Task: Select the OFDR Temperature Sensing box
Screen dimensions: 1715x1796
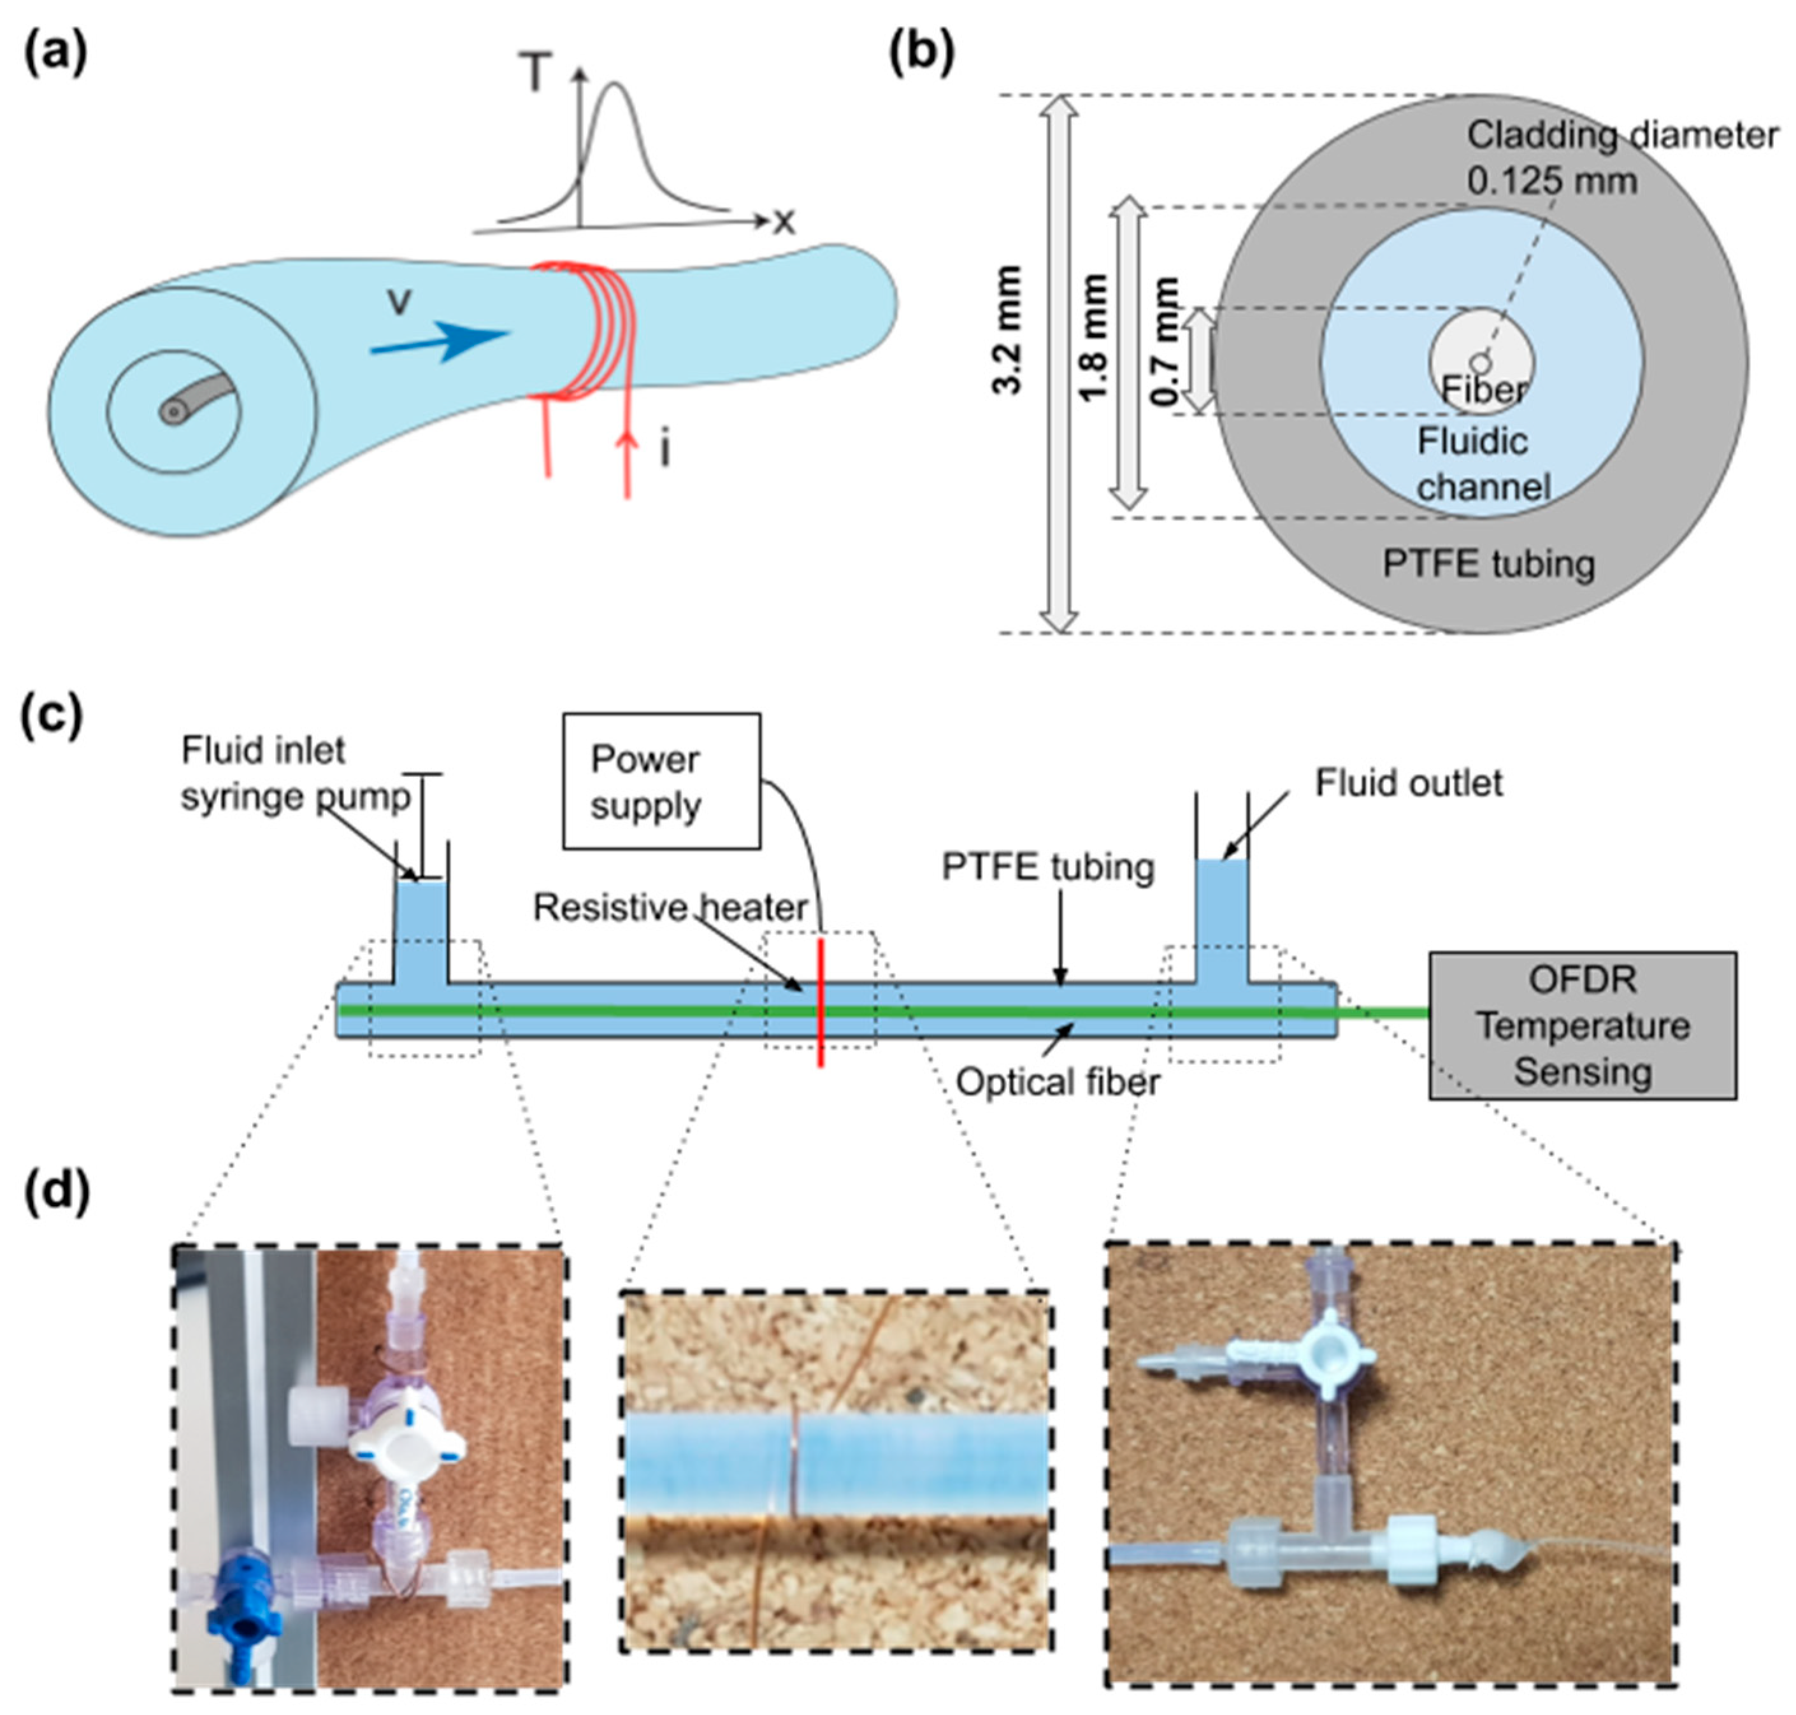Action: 1581,1025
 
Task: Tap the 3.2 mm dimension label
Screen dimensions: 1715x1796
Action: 1008,330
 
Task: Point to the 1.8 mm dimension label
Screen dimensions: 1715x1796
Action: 1094,338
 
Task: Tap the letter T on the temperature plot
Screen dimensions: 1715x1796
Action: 536,73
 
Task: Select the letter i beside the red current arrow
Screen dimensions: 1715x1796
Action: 665,451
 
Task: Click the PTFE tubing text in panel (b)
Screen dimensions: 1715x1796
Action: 1488,563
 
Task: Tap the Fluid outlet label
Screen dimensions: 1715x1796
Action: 1408,783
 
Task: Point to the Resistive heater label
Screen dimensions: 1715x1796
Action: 670,907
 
